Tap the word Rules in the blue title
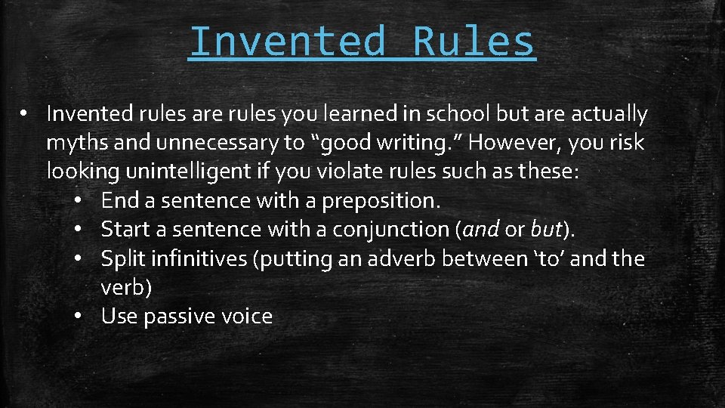pyautogui.click(x=474, y=42)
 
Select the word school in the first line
pyautogui.click(x=449, y=114)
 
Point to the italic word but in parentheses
pyautogui.click(x=545, y=229)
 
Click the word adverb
pyautogui.click(x=399, y=258)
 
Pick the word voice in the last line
pyautogui.click(x=245, y=316)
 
